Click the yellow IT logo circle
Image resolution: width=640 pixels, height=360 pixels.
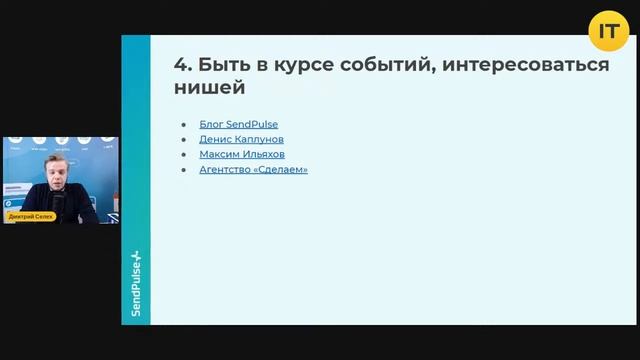coord(608,32)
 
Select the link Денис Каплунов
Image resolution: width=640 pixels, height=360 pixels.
coord(241,139)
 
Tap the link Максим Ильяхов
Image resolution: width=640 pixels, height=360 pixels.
coord(241,154)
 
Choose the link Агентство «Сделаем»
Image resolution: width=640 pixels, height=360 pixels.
coord(253,169)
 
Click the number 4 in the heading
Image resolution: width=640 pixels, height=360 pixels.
coord(180,65)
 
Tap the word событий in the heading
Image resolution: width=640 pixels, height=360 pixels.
coord(373,65)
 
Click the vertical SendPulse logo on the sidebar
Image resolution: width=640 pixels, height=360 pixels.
coord(136,284)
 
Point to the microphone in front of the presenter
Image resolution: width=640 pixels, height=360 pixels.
coord(58,205)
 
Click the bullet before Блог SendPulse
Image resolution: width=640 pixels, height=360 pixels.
coord(184,124)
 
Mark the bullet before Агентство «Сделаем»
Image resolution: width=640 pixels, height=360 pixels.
coord(184,169)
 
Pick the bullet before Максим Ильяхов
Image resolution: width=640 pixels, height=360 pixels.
coord(184,154)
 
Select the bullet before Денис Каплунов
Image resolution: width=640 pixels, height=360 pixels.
coord(184,139)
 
